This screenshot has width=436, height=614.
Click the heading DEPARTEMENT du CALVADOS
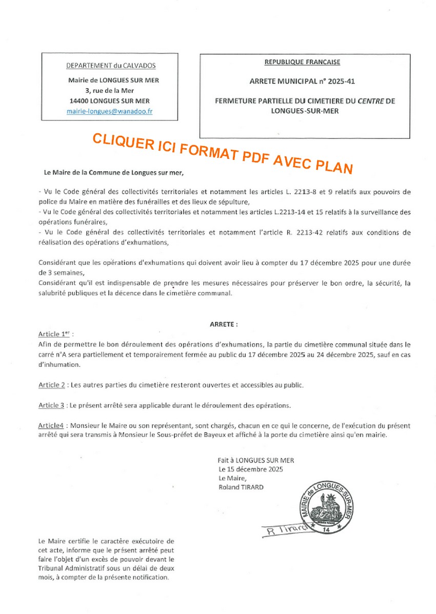[x=111, y=66]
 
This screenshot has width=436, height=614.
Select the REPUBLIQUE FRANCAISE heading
[x=302, y=62]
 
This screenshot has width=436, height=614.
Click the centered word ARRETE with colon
[x=224, y=324]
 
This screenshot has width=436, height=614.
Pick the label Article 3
[x=51, y=405]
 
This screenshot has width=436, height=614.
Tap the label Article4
[x=51, y=425]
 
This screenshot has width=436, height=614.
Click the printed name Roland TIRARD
[x=241, y=487]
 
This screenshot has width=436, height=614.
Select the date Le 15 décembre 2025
[x=250, y=469]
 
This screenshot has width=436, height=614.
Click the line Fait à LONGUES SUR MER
[x=255, y=460]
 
